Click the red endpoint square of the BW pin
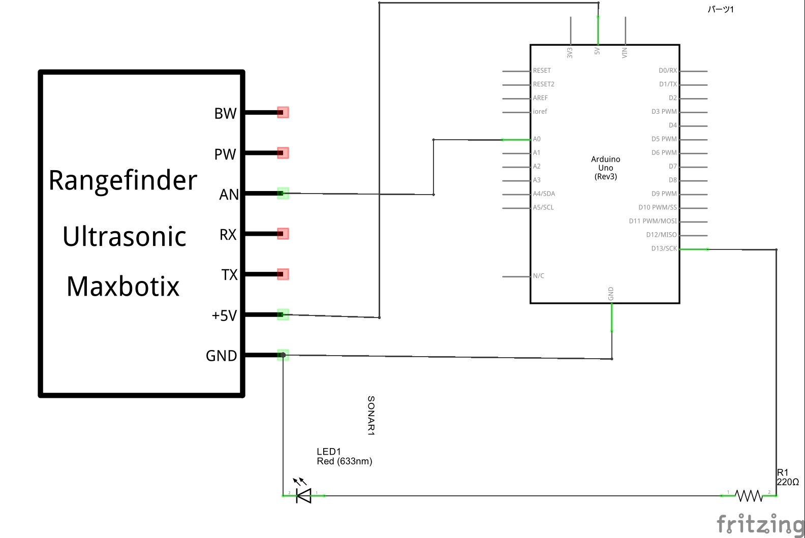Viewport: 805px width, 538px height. click(x=283, y=112)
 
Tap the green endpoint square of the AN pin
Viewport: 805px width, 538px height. click(x=283, y=194)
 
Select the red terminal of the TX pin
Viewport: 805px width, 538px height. click(x=283, y=274)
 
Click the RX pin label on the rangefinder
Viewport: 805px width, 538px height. click(x=228, y=235)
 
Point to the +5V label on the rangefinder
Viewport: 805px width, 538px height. click(x=224, y=315)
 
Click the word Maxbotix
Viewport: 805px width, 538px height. click(x=123, y=287)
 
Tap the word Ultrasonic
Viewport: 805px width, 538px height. click(x=125, y=237)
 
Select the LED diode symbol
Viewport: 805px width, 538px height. click(x=303, y=495)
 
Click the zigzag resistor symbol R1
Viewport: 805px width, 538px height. click(x=749, y=495)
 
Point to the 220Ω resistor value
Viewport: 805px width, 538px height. click(x=788, y=482)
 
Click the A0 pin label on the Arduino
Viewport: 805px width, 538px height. click(x=537, y=139)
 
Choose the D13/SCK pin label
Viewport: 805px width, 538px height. click(x=664, y=248)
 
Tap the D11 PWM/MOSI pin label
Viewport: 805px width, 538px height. click(x=653, y=221)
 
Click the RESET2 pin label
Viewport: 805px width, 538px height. click(x=543, y=84)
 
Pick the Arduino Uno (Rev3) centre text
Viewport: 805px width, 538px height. click(x=605, y=168)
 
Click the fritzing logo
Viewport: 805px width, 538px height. click(x=760, y=524)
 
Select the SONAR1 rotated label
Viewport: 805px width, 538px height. click(x=371, y=416)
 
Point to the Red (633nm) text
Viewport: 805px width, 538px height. click(x=344, y=461)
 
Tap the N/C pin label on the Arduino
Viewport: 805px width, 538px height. click(x=538, y=276)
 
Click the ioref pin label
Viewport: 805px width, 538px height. click(x=540, y=112)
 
